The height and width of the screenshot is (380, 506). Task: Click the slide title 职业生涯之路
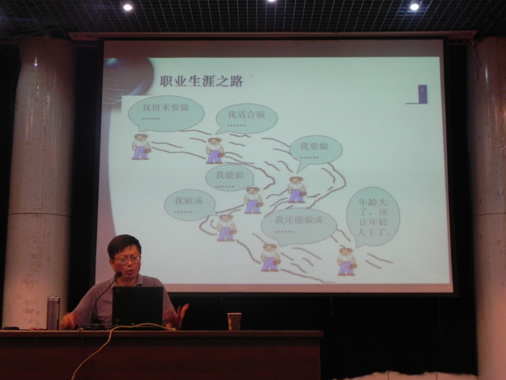[x=201, y=81]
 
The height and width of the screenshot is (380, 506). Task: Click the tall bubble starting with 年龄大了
[x=373, y=217]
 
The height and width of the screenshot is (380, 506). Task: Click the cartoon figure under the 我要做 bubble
[x=296, y=190]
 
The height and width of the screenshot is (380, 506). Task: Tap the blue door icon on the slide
[x=422, y=94]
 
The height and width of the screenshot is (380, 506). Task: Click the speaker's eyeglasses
[x=127, y=259]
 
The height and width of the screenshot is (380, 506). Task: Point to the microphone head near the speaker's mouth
[x=119, y=275]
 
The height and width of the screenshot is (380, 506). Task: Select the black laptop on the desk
[x=138, y=306]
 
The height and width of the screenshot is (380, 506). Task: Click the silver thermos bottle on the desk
[x=53, y=313]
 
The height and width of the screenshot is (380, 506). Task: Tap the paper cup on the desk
[x=234, y=321]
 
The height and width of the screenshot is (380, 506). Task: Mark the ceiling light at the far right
[x=414, y=7]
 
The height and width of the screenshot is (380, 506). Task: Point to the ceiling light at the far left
[x=128, y=7]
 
